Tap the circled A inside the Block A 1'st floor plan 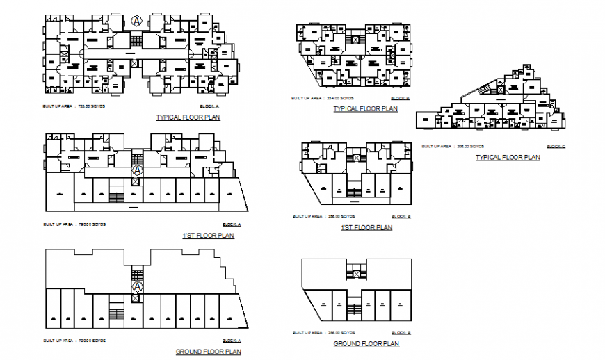(138, 170)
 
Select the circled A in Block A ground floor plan (138, 286)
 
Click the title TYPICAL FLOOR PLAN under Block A (188, 117)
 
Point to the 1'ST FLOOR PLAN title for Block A (208, 236)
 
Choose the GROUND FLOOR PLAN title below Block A (209, 352)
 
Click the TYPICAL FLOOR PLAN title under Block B (365, 109)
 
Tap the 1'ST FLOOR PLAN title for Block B (366, 227)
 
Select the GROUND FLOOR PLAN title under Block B (366, 344)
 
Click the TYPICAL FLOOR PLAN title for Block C (508, 158)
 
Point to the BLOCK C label (556, 147)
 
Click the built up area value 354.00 (337, 99)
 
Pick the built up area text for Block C (445, 147)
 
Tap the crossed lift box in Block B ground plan (356, 275)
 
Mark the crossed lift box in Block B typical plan (356, 41)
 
